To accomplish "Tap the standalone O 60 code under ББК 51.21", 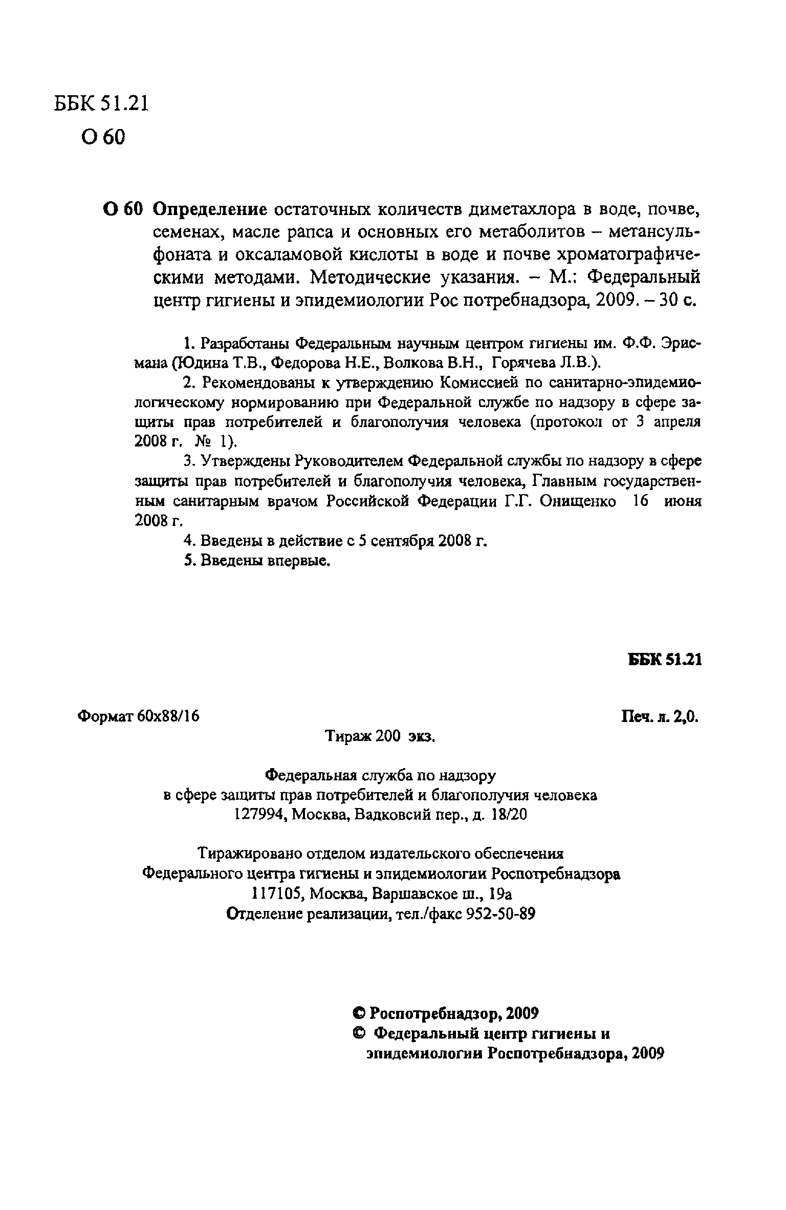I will click(102, 137).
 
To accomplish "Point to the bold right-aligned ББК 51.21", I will click(665, 660).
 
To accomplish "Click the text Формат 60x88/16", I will click(138, 716).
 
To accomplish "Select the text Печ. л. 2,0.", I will click(660, 716).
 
